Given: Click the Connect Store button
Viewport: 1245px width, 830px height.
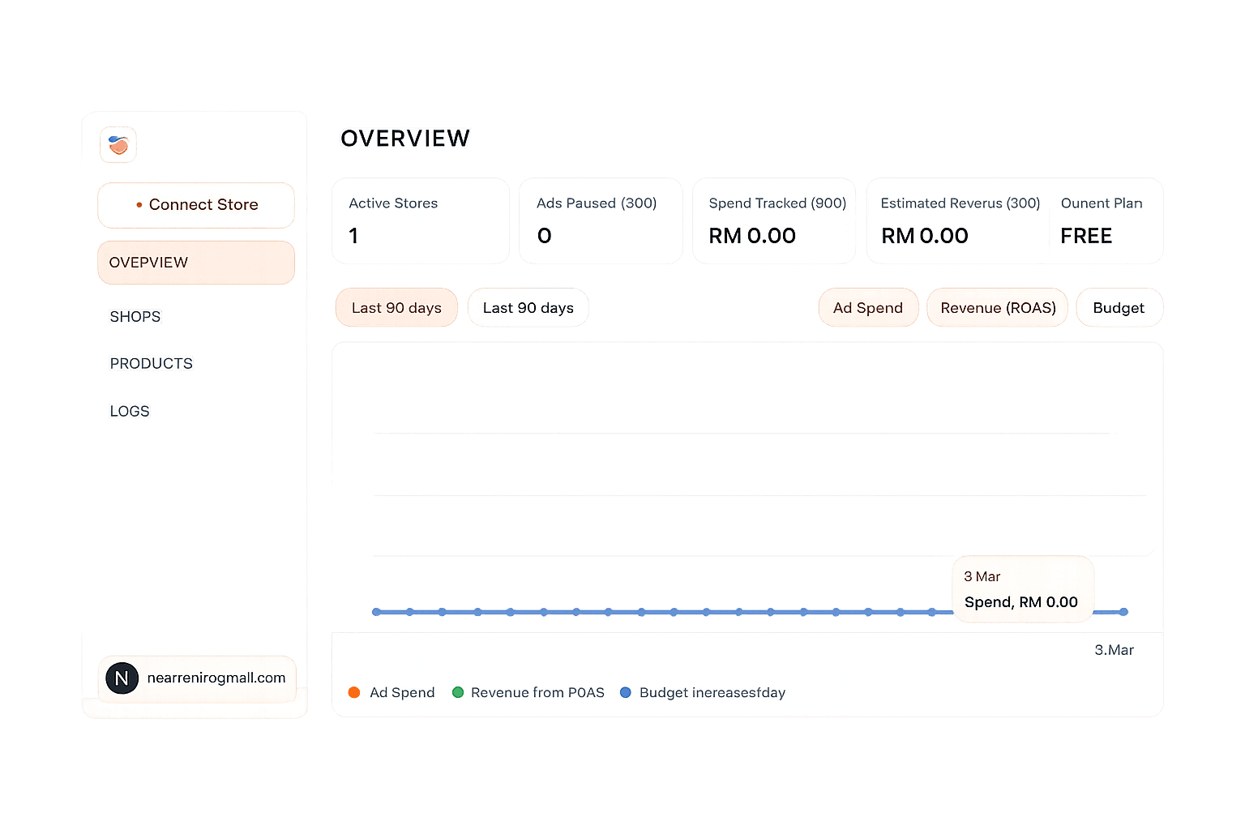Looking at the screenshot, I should tap(196, 205).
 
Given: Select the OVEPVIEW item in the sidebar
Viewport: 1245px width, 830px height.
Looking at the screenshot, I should tap(196, 263).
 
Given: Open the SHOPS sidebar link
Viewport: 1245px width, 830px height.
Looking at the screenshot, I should tap(135, 317).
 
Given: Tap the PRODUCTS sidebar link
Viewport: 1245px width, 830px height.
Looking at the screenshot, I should tap(152, 364).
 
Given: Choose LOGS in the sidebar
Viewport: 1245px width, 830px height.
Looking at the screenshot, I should tap(130, 412).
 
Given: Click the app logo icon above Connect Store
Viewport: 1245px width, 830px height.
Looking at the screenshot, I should tap(118, 146).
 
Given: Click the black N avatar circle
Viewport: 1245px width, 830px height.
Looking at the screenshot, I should tap(122, 678).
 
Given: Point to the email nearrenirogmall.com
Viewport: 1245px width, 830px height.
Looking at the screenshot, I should tap(216, 678).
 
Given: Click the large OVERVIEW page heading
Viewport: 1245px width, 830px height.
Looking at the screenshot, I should tap(405, 139).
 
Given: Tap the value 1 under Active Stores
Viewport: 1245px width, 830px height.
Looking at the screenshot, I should tap(353, 236).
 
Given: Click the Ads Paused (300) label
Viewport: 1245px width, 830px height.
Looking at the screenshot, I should tap(597, 203).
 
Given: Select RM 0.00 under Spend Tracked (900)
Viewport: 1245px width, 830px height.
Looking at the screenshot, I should tap(752, 236).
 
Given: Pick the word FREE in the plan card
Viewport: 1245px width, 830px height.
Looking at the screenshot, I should tap(1086, 236).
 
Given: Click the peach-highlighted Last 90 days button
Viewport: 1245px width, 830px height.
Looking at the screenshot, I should tap(396, 308).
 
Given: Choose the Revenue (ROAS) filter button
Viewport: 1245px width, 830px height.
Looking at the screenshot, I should tap(998, 308).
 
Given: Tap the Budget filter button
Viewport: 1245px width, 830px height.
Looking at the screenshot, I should tap(1119, 308).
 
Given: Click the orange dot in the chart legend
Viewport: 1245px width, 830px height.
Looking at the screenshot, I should tap(354, 692).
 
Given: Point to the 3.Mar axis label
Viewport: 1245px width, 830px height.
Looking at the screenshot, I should tap(1114, 650).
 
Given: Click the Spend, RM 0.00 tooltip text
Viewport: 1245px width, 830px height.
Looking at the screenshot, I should tap(1020, 602).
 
